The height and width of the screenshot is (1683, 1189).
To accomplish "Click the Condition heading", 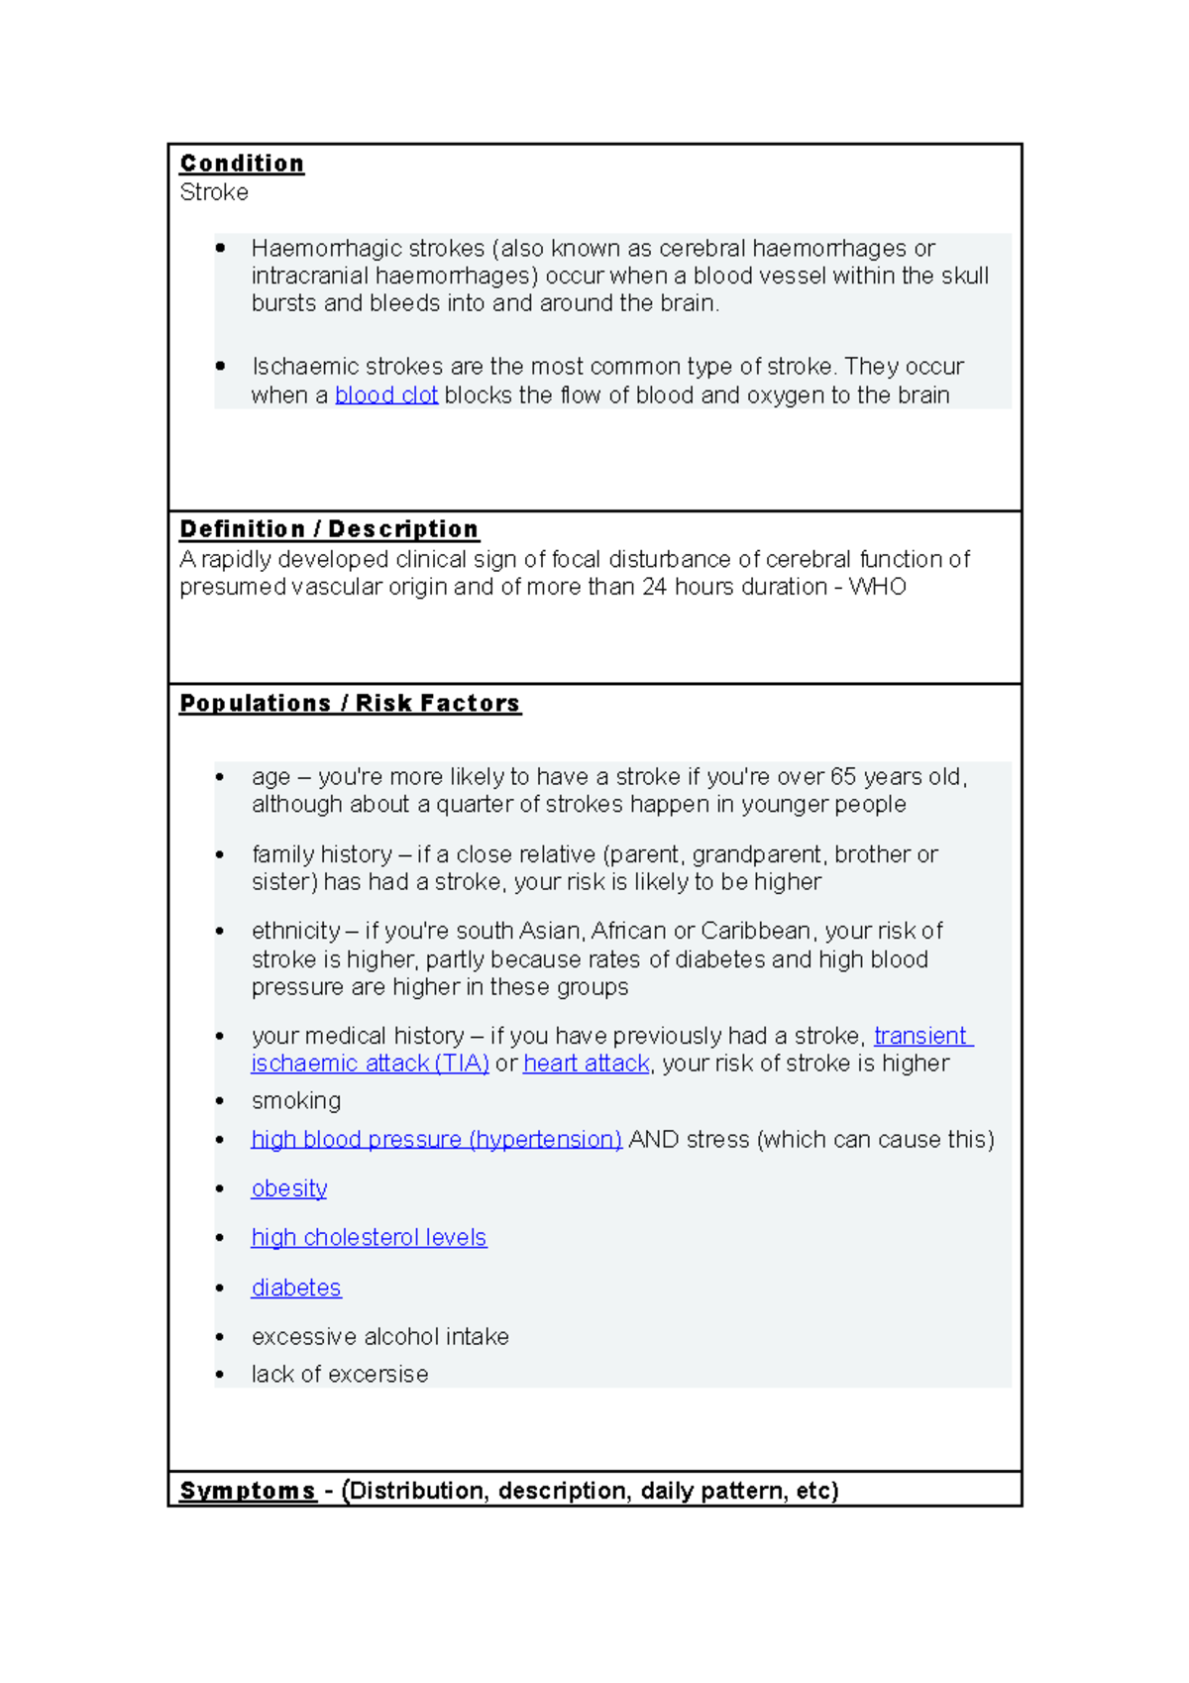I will tap(242, 164).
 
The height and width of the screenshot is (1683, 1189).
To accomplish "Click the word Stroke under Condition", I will tap(214, 192).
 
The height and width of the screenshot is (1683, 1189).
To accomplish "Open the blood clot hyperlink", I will tap(386, 395).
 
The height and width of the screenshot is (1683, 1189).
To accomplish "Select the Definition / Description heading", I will tap(329, 529).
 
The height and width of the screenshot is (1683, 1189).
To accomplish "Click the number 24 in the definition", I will tap(654, 587).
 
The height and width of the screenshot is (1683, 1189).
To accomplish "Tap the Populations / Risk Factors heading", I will tap(350, 704).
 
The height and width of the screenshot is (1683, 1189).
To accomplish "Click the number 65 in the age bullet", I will tap(844, 777).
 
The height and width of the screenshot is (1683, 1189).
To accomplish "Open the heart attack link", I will tap(587, 1064).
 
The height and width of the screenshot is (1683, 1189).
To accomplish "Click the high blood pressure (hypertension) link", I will tap(436, 1140).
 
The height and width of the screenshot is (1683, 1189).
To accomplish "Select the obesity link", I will tap(289, 1188).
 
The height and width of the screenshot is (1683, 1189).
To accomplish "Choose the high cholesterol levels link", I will tap(369, 1238).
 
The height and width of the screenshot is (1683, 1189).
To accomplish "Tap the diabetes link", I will tap(296, 1288).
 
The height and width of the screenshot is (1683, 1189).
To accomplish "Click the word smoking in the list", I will tap(296, 1101).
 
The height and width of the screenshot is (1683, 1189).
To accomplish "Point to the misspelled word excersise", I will tap(378, 1375).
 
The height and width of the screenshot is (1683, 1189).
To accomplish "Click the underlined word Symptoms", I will tap(247, 1491).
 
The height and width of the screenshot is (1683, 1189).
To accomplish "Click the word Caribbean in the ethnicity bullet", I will tap(757, 932).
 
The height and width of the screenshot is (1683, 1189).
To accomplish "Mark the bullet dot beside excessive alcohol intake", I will tap(220, 1337).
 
